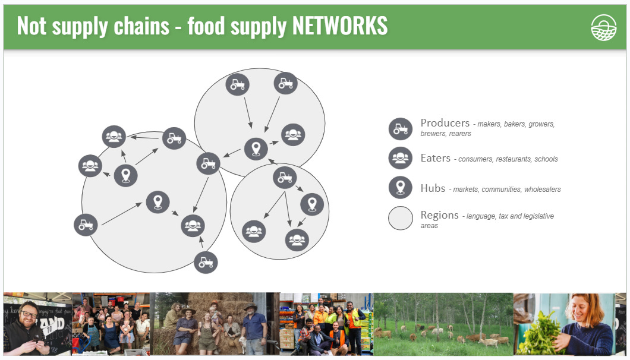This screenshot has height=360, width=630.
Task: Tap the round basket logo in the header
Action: (603, 27)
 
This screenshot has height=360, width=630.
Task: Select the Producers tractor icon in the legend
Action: (400, 129)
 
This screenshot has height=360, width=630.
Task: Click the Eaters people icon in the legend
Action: (400, 158)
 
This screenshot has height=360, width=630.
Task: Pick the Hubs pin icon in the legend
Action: (400, 187)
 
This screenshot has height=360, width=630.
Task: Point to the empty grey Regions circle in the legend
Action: (400, 218)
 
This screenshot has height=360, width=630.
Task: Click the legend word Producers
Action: (445, 123)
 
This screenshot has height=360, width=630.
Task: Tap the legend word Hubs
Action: (433, 188)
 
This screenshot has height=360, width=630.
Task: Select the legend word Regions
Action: (439, 215)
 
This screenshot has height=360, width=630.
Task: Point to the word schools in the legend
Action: (546, 159)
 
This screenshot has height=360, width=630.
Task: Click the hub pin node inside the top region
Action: (256, 148)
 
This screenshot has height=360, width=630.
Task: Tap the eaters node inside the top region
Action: (293, 135)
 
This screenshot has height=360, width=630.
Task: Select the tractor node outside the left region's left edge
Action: (86, 225)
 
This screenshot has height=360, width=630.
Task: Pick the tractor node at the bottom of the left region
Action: (206, 262)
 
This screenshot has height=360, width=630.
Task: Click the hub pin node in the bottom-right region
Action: (312, 204)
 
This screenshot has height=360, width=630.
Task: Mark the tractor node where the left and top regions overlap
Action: (208, 163)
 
